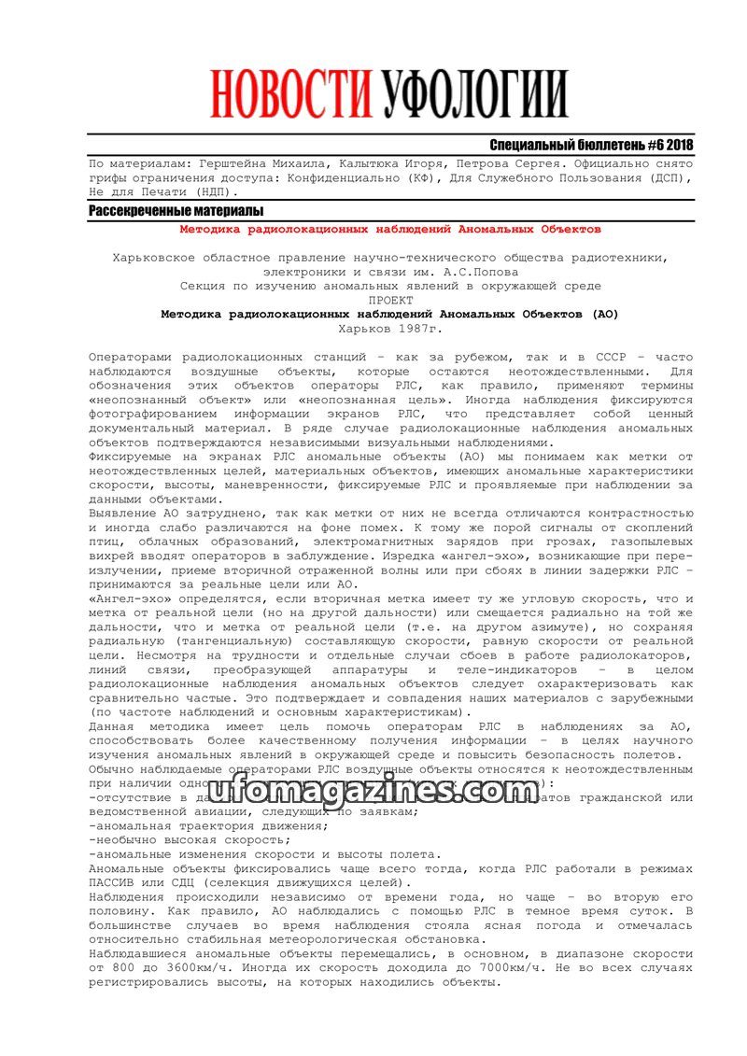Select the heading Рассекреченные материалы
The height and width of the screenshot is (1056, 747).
(x=176, y=211)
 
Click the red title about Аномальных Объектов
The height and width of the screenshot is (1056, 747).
(x=390, y=229)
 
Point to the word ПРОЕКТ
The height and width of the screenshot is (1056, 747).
(x=390, y=301)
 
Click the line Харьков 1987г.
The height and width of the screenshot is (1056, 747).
(x=390, y=329)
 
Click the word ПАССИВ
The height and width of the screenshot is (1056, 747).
(x=114, y=882)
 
